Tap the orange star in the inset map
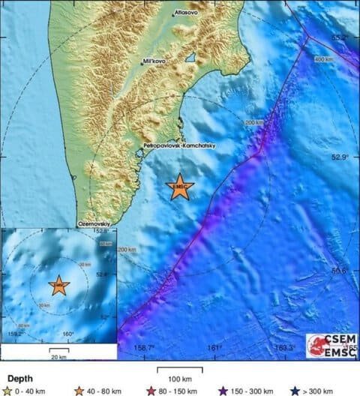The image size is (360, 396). pos(58,285)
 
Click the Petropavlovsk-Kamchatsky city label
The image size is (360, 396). pos(178,146)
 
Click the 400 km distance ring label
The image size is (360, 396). pos(323,59)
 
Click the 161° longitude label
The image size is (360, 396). pos(214,347)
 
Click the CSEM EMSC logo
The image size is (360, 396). pos(331,344)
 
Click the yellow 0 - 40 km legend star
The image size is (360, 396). pos(7,390)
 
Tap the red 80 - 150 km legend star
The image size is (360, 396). pos(150,390)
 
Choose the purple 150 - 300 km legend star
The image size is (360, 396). pos(223,390)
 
